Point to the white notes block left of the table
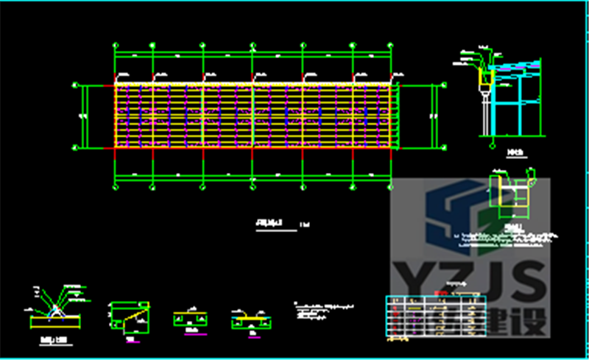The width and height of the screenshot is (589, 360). [322, 310]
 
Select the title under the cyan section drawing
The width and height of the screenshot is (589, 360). [515, 153]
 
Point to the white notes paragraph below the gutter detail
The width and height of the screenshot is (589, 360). [508, 237]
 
